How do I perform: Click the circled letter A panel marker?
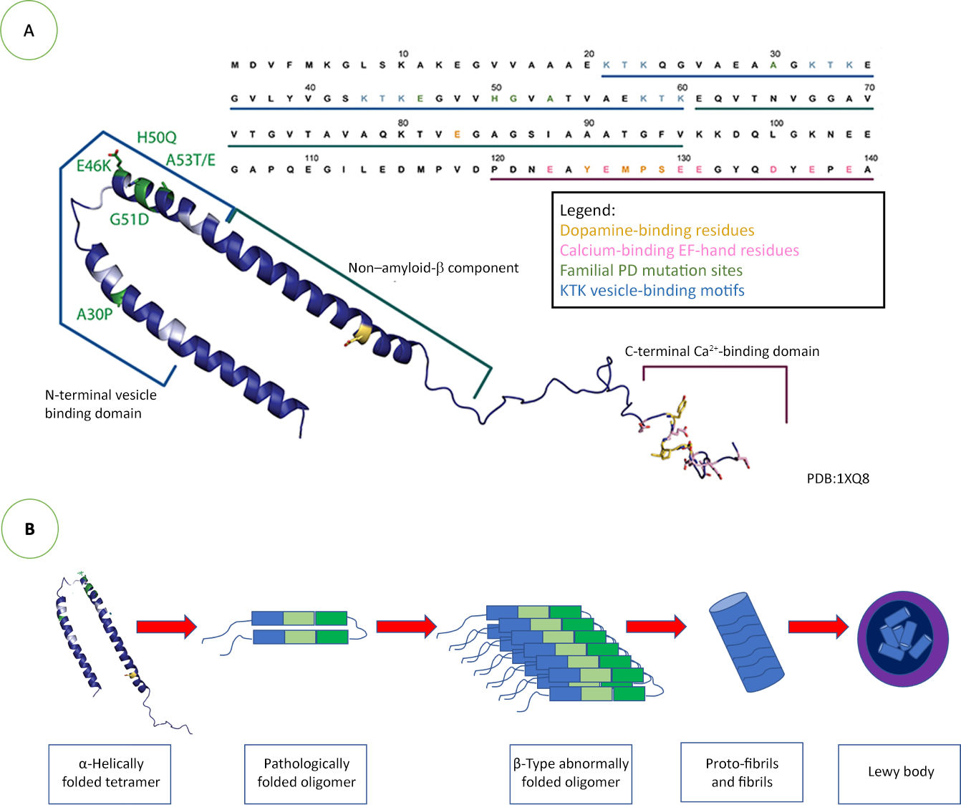[x=29, y=30]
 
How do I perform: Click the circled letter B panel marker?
[x=29, y=529]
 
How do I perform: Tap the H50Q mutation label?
[x=156, y=138]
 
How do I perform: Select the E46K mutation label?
[x=94, y=166]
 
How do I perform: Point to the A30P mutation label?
[x=95, y=314]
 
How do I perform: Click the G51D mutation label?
[x=129, y=219]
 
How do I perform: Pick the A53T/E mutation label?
[x=190, y=160]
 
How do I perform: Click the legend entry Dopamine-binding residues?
[x=657, y=231]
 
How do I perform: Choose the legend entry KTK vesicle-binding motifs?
[x=652, y=291]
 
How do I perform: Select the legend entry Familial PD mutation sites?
[x=651, y=271]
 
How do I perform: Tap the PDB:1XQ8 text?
[x=838, y=478]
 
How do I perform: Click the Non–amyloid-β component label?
[x=433, y=268]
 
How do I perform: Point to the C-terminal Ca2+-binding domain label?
[x=722, y=351]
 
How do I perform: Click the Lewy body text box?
[x=899, y=772]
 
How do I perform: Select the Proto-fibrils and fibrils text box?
[x=742, y=773]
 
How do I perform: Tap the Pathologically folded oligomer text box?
[x=306, y=773]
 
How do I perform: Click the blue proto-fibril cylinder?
[x=746, y=642]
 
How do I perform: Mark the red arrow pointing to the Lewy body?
[x=818, y=627]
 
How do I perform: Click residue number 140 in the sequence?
[x=869, y=158]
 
